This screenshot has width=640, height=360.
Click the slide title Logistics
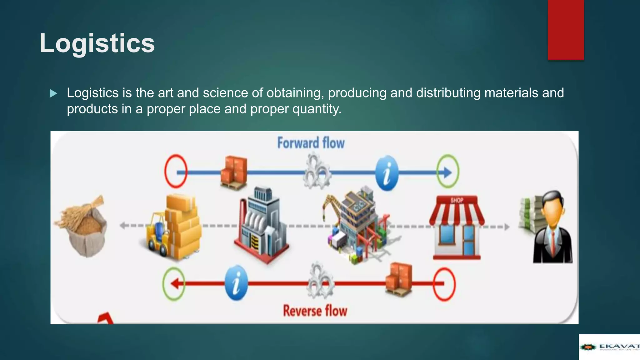click(x=97, y=43)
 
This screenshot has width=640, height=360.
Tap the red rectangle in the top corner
click(x=566, y=30)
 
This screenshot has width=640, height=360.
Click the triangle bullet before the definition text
click(x=53, y=93)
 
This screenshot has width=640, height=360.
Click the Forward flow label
click(x=311, y=143)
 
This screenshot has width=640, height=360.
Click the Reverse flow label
click(x=315, y=311)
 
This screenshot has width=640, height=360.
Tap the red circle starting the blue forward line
click(x=176, y=171)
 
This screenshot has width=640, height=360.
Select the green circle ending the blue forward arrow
click(x=448, y=171)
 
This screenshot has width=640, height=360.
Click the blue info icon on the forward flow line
click(x=387, y=173)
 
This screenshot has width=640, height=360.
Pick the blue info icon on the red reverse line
click(x=236, y=283)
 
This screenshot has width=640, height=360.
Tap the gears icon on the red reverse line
click(x=320, y=281)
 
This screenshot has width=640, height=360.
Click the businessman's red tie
click(x=553, y=244)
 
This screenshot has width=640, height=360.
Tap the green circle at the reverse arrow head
click(x=174, y=284)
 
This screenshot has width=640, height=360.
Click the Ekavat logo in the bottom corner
click(x=609, y=347)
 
